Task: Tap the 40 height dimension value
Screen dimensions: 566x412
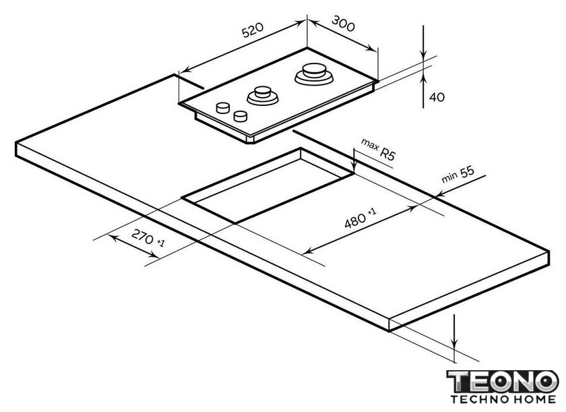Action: coord(437,97)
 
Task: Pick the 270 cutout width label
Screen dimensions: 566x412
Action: coord(143,237)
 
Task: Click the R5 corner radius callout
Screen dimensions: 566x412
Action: coord(387,154)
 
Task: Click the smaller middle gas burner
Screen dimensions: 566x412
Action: coord(262,95)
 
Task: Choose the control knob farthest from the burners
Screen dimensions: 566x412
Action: coord(223,107)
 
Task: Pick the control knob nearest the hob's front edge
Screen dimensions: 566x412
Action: coord(241,116)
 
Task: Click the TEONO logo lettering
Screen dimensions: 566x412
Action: coord(503,381)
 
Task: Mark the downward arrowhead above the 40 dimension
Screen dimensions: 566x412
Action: coord(423,53)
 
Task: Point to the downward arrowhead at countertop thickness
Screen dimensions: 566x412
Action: coord(455,344)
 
